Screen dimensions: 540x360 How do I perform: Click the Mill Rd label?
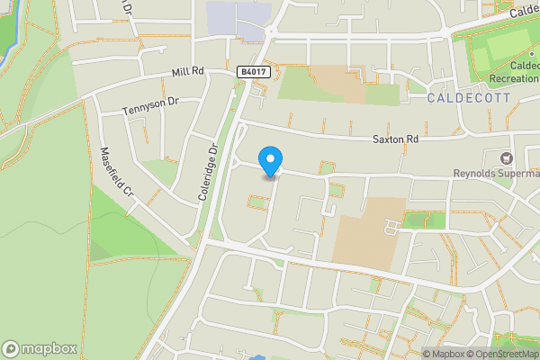[189, 72]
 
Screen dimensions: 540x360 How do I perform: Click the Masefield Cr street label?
[116, 174]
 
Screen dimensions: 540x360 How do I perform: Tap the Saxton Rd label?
[396, 139]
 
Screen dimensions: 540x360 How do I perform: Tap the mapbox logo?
[40, 348]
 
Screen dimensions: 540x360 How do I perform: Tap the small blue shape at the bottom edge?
[258, 357]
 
